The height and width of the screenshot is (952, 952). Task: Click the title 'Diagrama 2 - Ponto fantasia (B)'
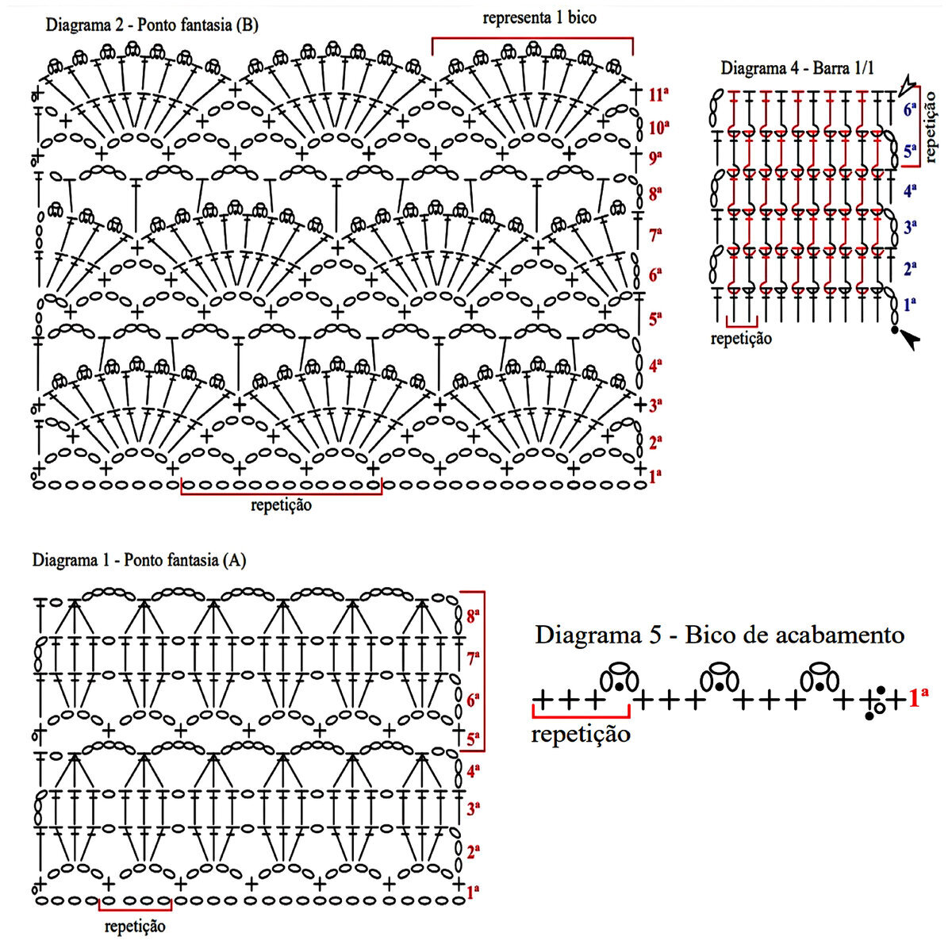152,25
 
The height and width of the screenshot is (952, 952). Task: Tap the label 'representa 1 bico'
539,17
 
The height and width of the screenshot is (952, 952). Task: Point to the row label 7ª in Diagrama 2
656,235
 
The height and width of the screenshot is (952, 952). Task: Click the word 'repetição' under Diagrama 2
281,505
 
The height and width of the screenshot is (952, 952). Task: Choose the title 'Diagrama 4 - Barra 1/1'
797,67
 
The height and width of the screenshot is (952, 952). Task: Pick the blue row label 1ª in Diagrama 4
910,303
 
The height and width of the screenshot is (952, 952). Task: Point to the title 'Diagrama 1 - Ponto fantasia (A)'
139,560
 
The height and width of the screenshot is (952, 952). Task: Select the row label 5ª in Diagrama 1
474,739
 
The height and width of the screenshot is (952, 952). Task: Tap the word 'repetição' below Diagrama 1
135,925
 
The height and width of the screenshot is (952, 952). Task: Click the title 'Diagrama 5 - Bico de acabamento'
720,635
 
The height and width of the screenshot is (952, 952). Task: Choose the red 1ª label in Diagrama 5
919,698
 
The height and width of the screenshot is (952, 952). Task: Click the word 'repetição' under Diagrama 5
581,734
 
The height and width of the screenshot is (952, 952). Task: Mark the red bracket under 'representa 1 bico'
532,39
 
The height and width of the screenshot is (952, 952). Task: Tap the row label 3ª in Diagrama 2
656,406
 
